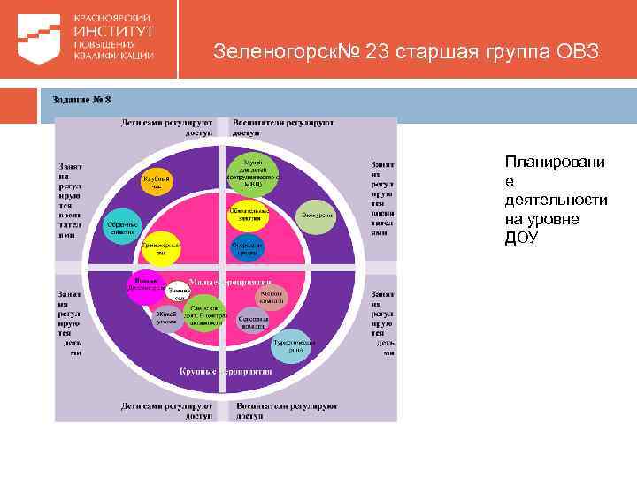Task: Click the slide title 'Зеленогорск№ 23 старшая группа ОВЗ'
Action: tap(406, 52)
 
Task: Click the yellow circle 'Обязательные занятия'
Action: tap(249, 215)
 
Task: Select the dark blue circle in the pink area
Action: tap(247, 248)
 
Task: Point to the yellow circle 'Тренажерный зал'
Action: tap(161, 248)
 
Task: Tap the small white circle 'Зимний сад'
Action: tap(179, 293)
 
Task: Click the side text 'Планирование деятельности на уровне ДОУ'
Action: tap(555, 200)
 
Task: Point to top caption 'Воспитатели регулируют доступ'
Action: tap(282, 126)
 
